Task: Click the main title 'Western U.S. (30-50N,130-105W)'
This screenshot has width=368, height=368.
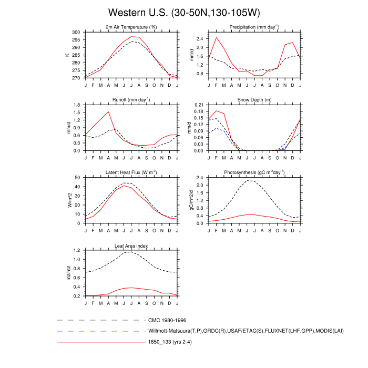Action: click(x=184, y=12)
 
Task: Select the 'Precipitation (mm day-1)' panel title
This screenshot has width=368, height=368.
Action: click(x=254, y=27)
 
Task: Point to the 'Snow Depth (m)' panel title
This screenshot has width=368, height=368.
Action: click(x=254, y=99)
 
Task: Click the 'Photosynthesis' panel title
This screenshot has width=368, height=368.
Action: click(x=254, y=172)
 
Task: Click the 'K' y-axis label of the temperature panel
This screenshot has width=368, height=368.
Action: click(x=67, y=55)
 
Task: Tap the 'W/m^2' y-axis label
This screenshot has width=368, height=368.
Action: click(x=67, y=200)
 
